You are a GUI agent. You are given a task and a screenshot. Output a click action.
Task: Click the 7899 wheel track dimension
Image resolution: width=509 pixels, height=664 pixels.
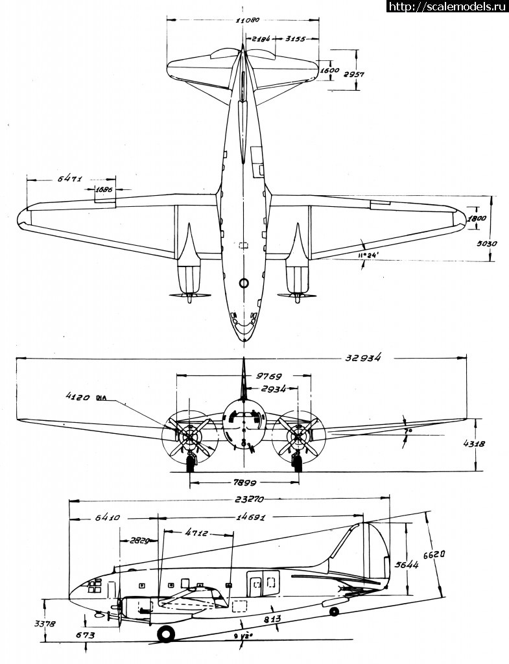(244, 484)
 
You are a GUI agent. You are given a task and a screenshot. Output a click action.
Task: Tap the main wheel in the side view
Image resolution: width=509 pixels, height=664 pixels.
(165, 634)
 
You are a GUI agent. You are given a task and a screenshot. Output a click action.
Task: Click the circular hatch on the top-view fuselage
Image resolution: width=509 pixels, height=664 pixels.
(244, 283)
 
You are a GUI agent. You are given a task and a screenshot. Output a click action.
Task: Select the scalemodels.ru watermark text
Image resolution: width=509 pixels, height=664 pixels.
(447, 6)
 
